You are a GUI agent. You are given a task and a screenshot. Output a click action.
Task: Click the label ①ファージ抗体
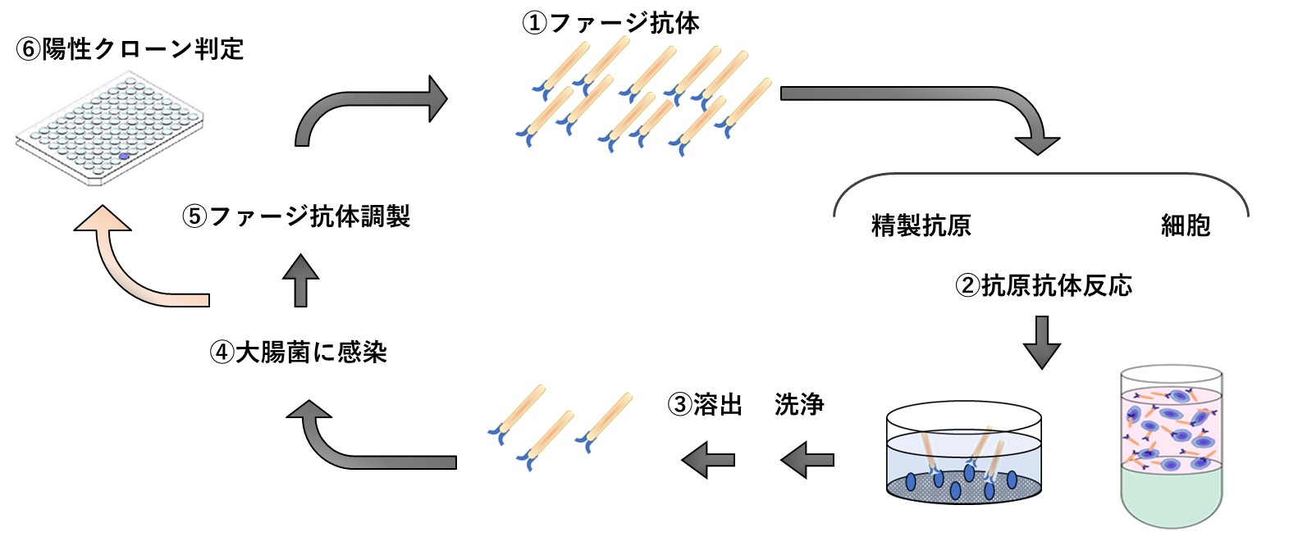coord(611,23)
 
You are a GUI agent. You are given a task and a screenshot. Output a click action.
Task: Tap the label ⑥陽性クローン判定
coord(130,49)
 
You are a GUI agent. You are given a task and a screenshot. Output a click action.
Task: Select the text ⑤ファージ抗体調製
coord(295,216)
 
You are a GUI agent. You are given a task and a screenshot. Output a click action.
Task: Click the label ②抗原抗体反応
coord(1044,285)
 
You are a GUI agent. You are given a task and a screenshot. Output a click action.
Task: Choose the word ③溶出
coord(706,404)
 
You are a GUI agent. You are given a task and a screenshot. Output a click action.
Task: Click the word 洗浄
coord(799,404)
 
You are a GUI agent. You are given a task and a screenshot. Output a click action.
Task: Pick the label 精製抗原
coord(921,225)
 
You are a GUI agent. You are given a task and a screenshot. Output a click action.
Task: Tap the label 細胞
coord(1186,225)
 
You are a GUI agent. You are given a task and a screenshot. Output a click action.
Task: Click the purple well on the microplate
coord(124,156)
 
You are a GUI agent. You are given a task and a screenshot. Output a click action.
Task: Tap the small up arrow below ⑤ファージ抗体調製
coord(300,280)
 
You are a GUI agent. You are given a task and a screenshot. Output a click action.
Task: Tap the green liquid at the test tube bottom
coord(1172,496)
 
